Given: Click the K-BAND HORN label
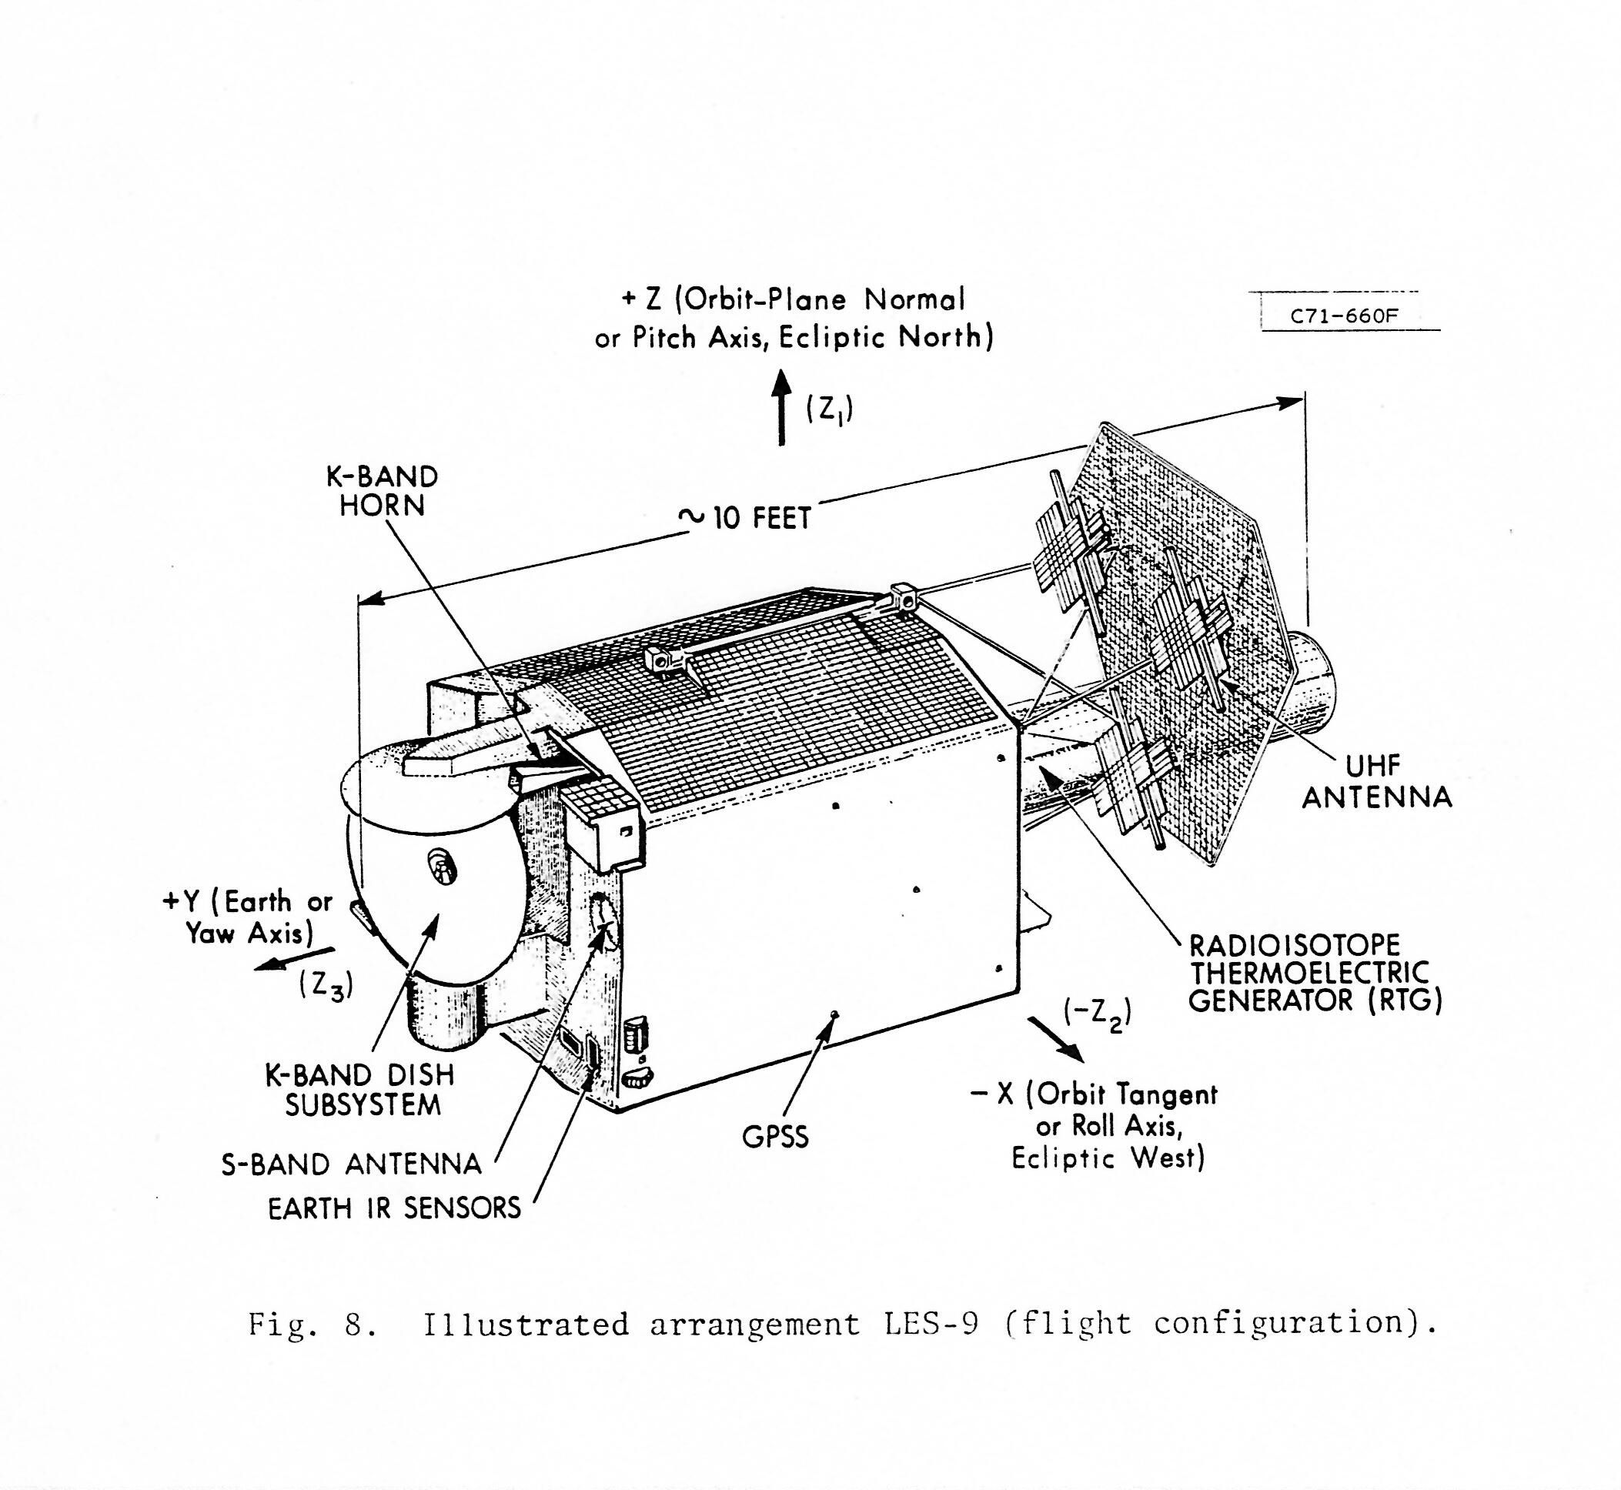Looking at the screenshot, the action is (x=382, y=491).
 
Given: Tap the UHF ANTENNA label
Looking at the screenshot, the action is (x=1377, y=781).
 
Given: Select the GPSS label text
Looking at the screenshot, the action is (x=775, y=1137).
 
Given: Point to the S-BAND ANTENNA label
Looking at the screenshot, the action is (x=352, y=1164).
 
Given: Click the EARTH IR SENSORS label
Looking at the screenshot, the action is (x=394, y=1208).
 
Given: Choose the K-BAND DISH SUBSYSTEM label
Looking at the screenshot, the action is (x=359, y=1089).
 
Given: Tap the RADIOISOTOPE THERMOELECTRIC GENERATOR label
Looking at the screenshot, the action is (x=1315, y=973).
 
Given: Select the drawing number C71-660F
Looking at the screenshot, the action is (x=1344, y=316).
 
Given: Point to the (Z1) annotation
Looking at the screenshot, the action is (x=829, y=410).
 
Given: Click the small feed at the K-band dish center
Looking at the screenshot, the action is (x=440, y=867).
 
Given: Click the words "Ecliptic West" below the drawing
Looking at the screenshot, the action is (x=1108, y=1158).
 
